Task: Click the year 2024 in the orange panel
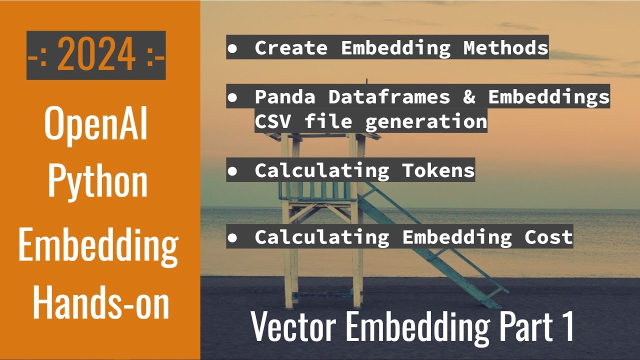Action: pos(96,55)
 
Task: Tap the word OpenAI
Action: pos(96,124)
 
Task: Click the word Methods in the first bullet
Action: pos(505,47)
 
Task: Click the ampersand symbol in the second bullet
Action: pos(469,96)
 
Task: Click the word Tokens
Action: pos(438,170)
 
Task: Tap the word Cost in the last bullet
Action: pos(548,237)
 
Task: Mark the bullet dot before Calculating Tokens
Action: pos(232,171)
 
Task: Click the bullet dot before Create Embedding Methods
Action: pos(232,48)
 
